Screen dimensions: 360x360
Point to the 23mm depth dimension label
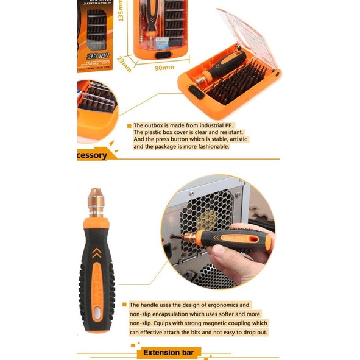click(125, 64)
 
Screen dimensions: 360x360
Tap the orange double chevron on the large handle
click(95, 250)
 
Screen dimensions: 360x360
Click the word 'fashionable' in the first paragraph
click(208, 147)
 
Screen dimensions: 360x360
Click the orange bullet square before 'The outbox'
click(129, 125)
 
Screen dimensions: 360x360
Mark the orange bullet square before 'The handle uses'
click(124, 305)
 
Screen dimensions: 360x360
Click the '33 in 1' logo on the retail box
click(97, 54)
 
